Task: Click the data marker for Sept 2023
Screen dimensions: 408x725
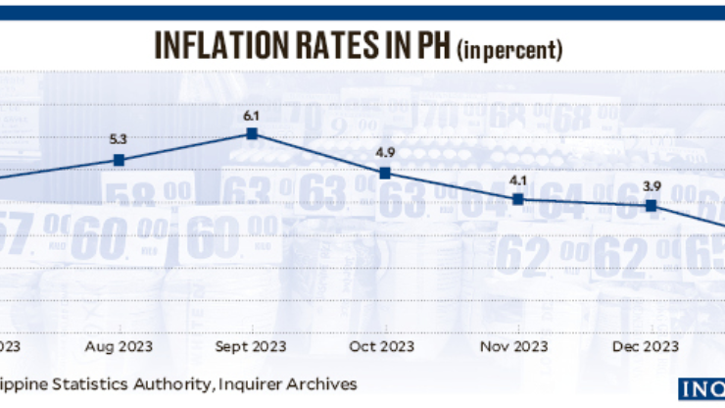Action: [252, 133]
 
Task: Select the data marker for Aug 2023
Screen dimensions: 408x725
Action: [119, 160]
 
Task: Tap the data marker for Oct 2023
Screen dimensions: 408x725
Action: [385, 173]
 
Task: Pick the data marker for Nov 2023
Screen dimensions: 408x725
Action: [518, 199]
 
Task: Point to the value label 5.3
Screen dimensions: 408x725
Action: [119, 139]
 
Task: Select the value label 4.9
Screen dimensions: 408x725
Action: [385, 152]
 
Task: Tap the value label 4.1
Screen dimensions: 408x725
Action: [518, 179]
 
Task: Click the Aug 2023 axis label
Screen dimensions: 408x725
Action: [119, 346]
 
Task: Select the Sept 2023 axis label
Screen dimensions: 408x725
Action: [252, 346]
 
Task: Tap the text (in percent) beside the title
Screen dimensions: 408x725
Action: [510, 48]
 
